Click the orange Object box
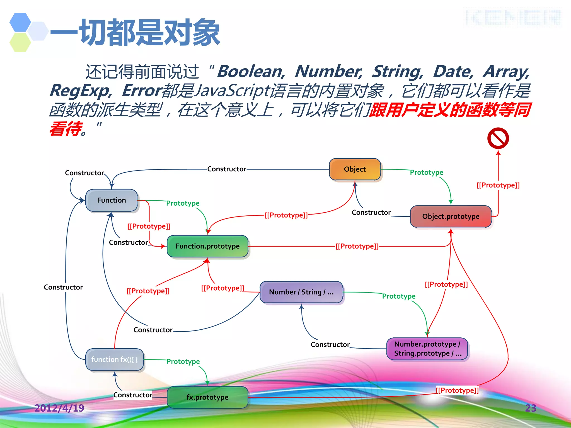(x=355, y=169)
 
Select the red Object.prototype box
(x=451, y=217)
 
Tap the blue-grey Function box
(x=112, y=200)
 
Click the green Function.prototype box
(x=207, y=246)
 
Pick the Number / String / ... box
(x=301, y=292)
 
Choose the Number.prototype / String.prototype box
(x=427, y=349)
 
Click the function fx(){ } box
(x=114, y=359)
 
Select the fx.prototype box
(x=207, y=397)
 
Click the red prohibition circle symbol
(x=498, y=138)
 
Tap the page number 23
(x=531, y=408)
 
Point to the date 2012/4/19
(x=59, y=408)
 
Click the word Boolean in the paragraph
(x=250, y=72)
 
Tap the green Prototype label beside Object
(x=426, y=172)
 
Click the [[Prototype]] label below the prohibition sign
(x=498, y=185)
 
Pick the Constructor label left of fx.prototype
(x=133, y=395)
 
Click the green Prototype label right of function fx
(x=183, y=361)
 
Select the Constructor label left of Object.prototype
(x=371, y=212)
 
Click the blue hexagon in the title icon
(x=20, y=22)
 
